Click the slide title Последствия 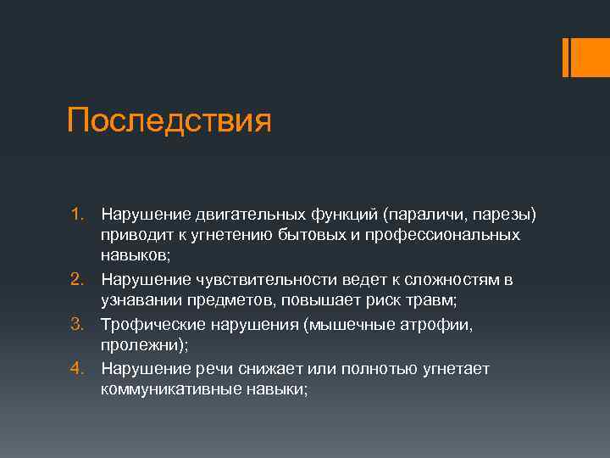coord(169,120)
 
